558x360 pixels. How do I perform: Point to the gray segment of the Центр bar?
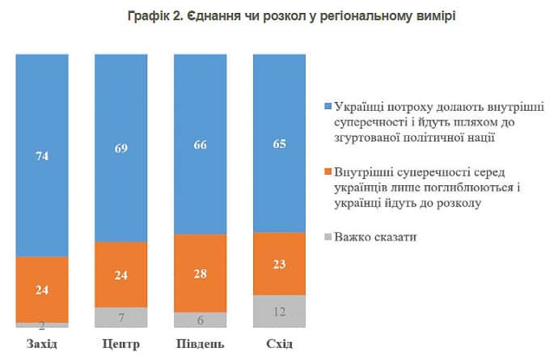(121, 317)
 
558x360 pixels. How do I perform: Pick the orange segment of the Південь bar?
(200, 273)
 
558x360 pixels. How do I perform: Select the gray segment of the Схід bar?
(279, 311)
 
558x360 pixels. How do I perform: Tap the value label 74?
(42, 157)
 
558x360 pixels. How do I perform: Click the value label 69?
(121, 149)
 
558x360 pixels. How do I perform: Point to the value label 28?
(200, 273)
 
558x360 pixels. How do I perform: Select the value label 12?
(279, 311)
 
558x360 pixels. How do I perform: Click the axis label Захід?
(42, 345)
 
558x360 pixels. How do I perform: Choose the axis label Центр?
(121, 345)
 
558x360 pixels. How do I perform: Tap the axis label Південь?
(200, 345)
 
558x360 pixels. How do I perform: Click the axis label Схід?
(279, 345)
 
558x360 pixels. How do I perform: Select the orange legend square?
(327, 172)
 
